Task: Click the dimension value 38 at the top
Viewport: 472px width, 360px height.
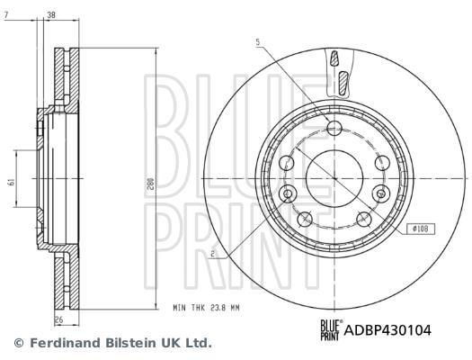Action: (x=51, y=14)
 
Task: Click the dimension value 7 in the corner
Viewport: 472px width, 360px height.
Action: (x=5, y=14)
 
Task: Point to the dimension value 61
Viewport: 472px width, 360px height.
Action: (x=12, y=182)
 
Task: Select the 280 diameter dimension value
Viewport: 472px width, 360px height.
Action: (x=151, y=184)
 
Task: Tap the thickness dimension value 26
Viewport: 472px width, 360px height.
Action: (x=59, y=319)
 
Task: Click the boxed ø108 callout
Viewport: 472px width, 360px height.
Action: (x=421, y=229)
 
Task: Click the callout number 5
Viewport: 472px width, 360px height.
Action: (x=258, y=42)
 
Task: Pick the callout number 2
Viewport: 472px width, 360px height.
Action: (x=213, y=254)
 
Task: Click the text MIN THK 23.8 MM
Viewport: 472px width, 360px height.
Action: (x=206, y=308)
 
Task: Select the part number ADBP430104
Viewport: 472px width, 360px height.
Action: (x=387, y=330)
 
